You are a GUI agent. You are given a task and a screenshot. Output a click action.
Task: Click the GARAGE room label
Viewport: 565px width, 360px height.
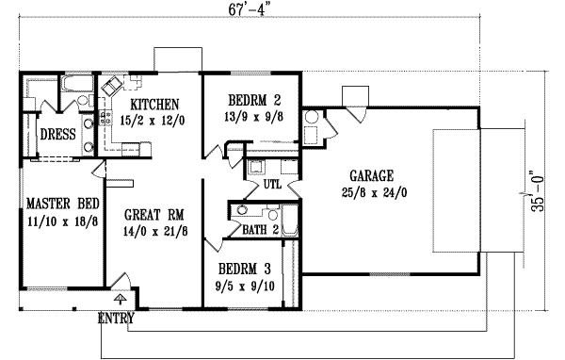[369, 175]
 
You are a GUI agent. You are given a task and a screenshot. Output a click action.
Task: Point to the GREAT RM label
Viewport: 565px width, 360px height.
[152, 213]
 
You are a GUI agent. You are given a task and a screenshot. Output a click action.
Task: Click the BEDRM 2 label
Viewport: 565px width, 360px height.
[250, 101]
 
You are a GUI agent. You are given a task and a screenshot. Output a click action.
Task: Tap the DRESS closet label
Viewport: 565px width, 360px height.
[57, 134]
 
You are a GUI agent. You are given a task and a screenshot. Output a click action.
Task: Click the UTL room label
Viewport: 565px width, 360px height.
[272, 185]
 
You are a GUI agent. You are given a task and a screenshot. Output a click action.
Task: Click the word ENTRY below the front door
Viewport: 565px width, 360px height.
[116, 319]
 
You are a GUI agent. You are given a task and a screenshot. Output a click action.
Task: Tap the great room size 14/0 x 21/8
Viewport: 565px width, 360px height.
[152, 230]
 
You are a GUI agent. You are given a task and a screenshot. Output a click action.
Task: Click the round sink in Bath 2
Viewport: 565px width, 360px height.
[243, 213]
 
